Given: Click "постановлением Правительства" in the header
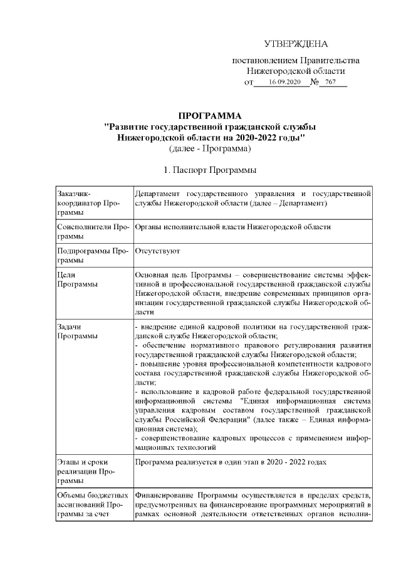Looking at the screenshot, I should pos(296,61).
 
